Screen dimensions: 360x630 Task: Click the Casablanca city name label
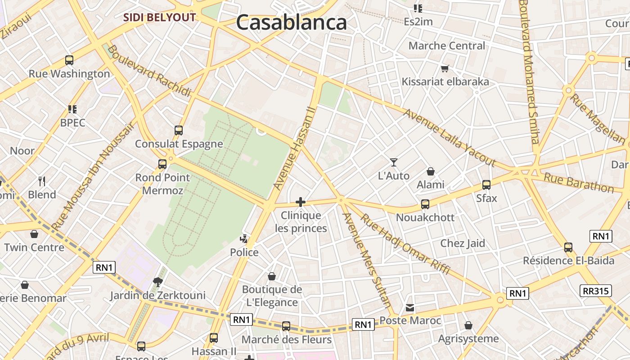(291, 22)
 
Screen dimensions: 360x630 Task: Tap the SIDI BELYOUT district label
(160, 18)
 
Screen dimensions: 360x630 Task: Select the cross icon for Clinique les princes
(301, 202)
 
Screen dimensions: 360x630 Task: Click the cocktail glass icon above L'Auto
(394, 162)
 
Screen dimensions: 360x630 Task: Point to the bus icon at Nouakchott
(425, 204)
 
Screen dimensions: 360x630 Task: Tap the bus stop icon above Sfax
(486, 184)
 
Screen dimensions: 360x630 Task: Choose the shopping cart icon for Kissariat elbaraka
(445, 69)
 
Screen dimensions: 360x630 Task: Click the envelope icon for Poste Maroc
(410, 308)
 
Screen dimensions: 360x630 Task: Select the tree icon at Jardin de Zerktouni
(157, 282)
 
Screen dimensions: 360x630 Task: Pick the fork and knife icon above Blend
(42, 181)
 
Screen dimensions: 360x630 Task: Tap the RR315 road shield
(596, 291)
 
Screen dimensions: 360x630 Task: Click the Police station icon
(244, 238)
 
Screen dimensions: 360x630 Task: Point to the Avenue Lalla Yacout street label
(450, 138)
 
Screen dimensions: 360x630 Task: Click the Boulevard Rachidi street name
(149, 71)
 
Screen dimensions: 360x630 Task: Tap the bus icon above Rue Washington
(69, 60)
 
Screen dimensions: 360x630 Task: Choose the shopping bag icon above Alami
(431, 171)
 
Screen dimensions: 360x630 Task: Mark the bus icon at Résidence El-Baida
(568, 247)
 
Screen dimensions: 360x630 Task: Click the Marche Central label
(447, 46)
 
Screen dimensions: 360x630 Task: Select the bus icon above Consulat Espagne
(179, 130)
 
